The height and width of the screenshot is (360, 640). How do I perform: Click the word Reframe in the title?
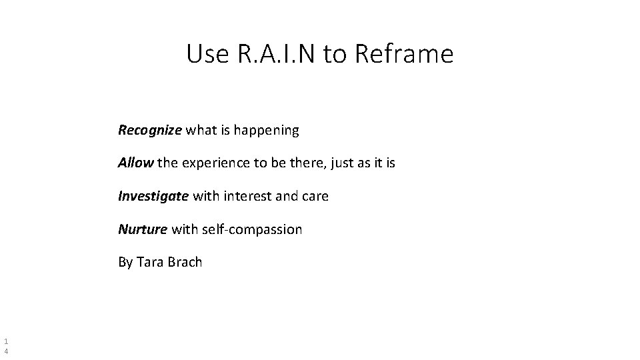click(404, 54)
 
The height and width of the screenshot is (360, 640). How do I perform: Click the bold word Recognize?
click(149, 130)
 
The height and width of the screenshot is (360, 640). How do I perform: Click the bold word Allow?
click(136, 163)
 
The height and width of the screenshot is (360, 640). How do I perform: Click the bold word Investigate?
click(153, 197)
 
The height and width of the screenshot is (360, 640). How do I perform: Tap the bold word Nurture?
click(143, 229)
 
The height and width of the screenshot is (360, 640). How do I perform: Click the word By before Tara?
click(125, 262)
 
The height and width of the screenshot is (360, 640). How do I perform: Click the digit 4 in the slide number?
click(6, 349)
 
